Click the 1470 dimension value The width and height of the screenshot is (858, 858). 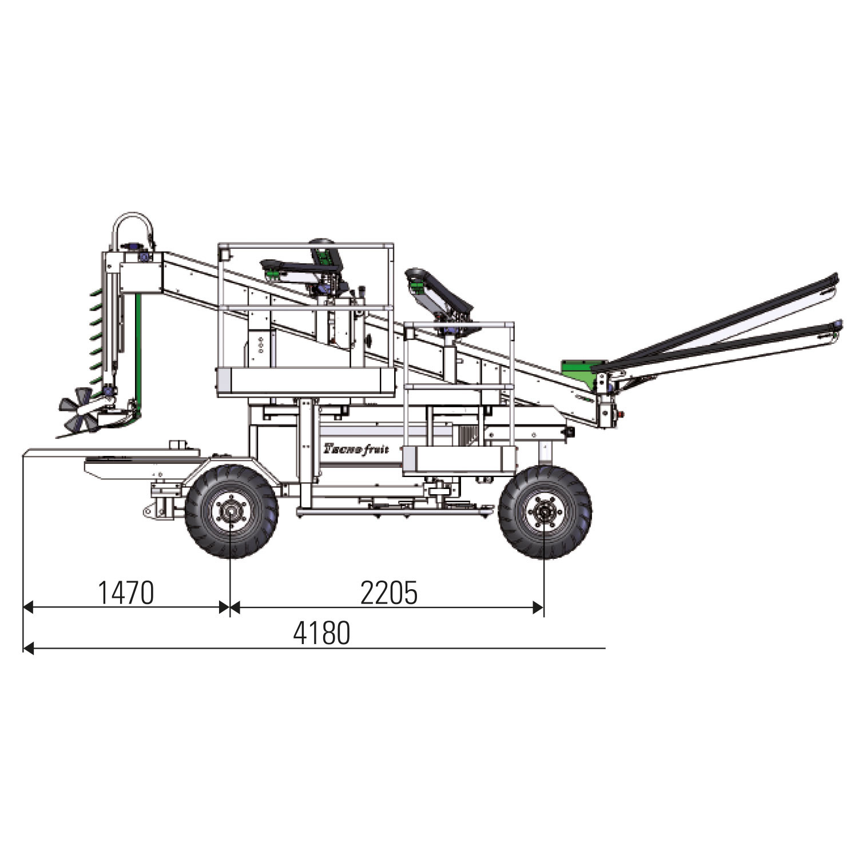[126, 593]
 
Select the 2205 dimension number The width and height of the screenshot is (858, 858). [389, 593]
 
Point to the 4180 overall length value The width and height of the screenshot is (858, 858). [321, 633]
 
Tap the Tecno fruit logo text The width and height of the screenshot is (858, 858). [356, 448]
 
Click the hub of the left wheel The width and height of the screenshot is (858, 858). [231, 511]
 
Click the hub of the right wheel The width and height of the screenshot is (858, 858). [544, 511]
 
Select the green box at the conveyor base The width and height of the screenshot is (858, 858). [583, 368]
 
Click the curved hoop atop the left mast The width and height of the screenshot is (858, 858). [133, 220]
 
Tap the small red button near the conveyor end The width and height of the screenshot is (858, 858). [622, 414]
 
